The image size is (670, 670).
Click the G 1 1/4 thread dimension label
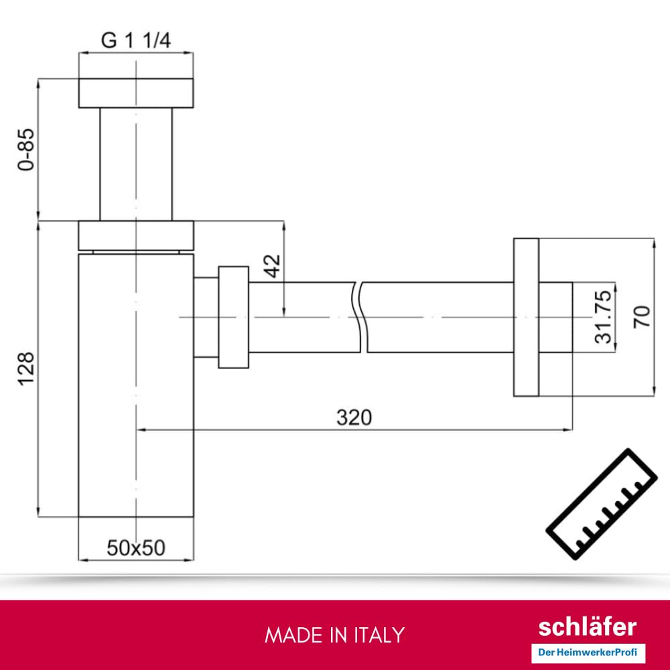136,41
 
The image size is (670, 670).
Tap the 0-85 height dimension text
26,149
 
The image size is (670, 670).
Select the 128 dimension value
26,368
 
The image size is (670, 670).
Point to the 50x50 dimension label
136,548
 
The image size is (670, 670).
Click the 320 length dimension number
354,417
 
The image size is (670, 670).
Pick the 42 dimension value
272,266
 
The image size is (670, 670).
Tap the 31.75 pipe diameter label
604,317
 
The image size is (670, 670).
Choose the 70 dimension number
641,317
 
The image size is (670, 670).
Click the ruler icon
602,505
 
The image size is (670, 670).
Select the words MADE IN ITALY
334,635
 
